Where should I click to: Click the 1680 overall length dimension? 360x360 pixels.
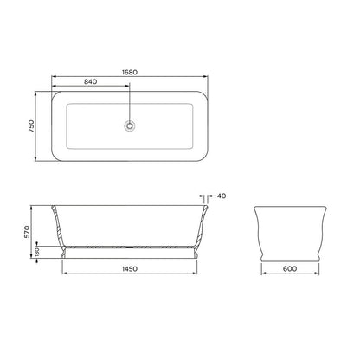tap(130, 72)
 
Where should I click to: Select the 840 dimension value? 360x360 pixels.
tap(91, 81)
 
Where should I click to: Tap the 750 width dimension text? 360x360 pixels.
tap(31, 126)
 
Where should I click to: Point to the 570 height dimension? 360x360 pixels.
tap(27, 232)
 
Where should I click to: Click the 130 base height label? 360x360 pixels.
tap(37, 252)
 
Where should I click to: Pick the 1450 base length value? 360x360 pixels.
tap(130, 269)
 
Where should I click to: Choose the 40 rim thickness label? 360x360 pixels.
tap(222, 196)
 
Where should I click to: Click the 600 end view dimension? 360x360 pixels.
tap(290, 269)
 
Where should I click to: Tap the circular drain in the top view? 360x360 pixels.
tap(130, 125)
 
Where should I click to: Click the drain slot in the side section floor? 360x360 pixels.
tap(130, 247)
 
